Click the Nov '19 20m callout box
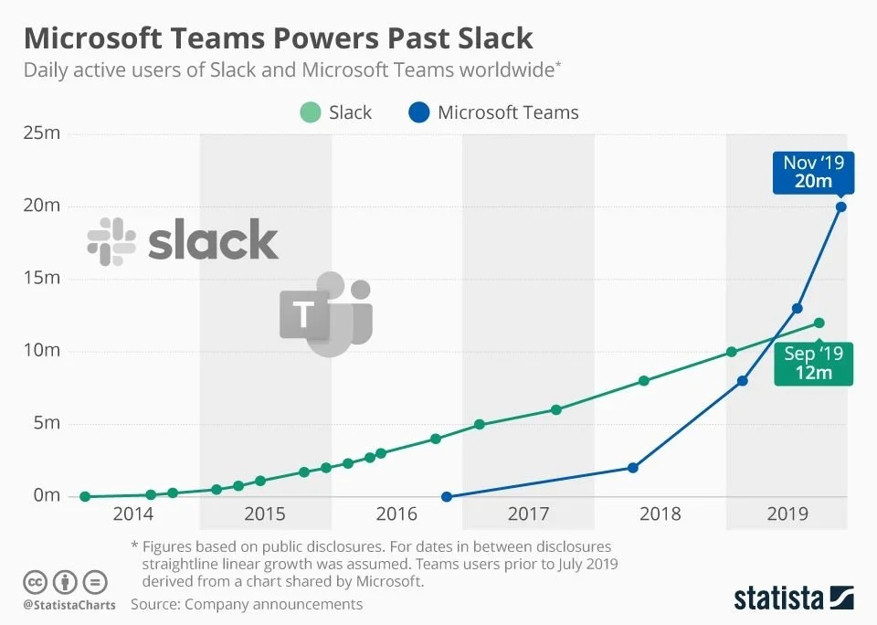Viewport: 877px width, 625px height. click(x=813, y=172)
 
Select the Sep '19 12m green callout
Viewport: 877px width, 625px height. click(x=813, y=363)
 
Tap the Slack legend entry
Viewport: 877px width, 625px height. click(x=336, y=112)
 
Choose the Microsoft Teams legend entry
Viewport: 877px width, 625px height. click(x=494, y=112)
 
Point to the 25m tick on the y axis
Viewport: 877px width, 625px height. click(x=41, y=134)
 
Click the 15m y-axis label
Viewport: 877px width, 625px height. click(x=41, y=279)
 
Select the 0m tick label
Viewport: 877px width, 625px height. click(x=47, y=496)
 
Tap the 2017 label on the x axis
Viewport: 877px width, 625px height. click(x=528, y=514)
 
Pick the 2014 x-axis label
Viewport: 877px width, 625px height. click(x=134, y=514)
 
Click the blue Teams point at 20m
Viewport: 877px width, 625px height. click(x=841, y=207)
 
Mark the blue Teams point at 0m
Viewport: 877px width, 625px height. click(x=447, y=497)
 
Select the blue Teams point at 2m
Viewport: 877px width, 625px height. click(x=633, y=468)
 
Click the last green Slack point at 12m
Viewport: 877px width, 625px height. click(x=819, y=323)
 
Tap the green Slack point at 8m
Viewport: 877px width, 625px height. click(x=644, y=381)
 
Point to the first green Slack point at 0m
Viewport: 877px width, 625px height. click(x=85, y=497)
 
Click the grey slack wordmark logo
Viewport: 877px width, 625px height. click(x=183, y=240)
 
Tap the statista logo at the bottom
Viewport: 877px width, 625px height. click(x=794, y=599)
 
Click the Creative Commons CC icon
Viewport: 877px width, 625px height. click(x=35, y=582)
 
